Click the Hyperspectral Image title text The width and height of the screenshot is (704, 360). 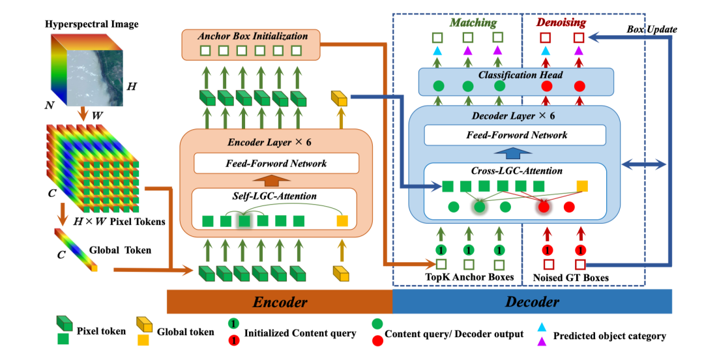92,25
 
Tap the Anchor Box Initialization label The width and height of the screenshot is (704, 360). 253,36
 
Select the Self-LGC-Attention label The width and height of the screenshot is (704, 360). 274,196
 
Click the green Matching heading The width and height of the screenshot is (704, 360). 473,23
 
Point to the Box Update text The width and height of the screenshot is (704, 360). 653,29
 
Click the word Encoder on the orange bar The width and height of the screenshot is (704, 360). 280,301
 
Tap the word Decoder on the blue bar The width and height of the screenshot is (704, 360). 532,301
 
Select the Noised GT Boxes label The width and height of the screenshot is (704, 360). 572,278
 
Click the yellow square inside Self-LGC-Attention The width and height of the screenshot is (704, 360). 342,220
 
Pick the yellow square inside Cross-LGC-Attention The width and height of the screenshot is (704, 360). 582,186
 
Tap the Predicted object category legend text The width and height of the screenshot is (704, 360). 609,336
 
